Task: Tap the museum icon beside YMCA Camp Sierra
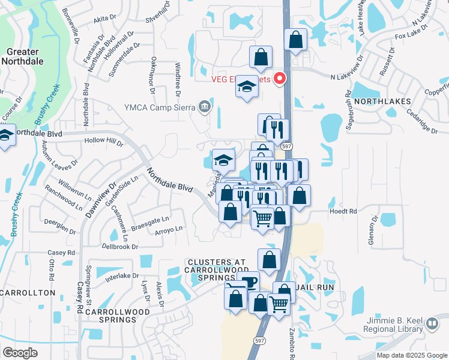205,107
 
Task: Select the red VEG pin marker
279,79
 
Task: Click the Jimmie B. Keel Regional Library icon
432,325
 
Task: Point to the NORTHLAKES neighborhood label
382,101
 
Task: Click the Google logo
20,353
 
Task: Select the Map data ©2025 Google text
412,355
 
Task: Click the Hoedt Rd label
343,211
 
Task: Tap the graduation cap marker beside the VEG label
246,86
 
